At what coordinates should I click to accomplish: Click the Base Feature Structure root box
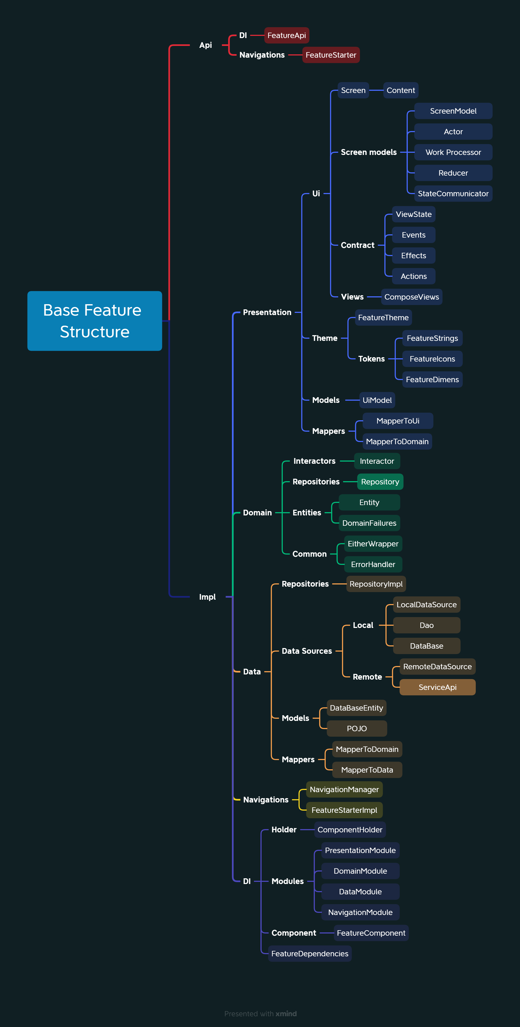(95, 321)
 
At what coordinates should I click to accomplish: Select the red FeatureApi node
(287, 36)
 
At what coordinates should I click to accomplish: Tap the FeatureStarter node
(331, 55)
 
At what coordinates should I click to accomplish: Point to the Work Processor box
(453, 152)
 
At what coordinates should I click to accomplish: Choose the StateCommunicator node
(453, 194)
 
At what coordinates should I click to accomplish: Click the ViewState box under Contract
(414, 214)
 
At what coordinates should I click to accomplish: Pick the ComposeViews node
(412, 297)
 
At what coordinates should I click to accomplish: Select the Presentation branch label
(267, 313)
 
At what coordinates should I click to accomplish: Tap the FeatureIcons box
(432, 359)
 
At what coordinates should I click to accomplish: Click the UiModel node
(377, 400)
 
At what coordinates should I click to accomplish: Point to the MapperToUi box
(398, 421)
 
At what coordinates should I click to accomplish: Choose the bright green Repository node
(380, 482)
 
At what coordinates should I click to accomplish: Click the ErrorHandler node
(373, 565)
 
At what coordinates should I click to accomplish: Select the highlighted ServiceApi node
(437, 687)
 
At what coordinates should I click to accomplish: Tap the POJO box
(357, 729)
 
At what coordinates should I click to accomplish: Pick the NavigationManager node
(344, 790)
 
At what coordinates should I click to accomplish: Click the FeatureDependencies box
(310, 954)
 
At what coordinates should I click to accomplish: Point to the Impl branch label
(207, 597)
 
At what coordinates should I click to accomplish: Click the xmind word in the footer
(286, 1014)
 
